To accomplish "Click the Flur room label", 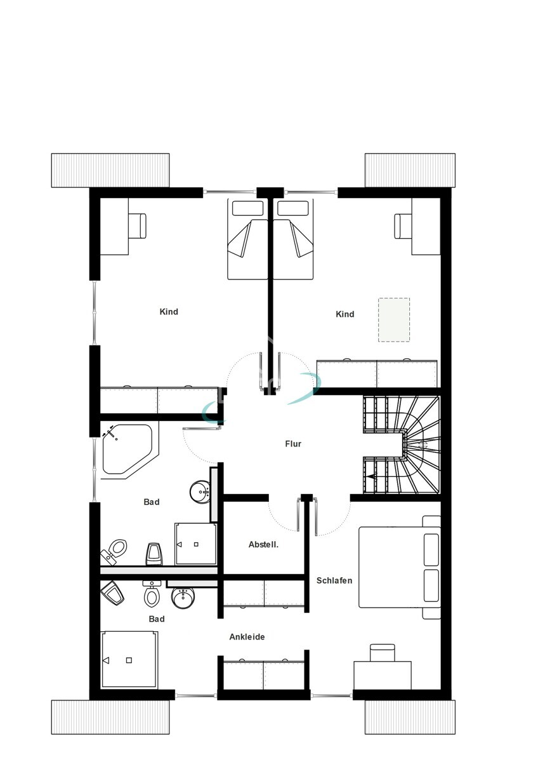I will pyautogui.click(x=292, y=444).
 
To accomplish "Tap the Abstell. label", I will pyautogui.click(x=264, y=545).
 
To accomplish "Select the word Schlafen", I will pyautogui.click(x=334, y=580).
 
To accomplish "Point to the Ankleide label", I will pyautogui.click(x=247, y=637).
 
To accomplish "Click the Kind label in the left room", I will pyautogui.click(x=169, y=312).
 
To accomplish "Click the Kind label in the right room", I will pyautogui.click(x=344, y=314).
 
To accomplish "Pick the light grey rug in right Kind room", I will pyautogui.click(x=393, y=319).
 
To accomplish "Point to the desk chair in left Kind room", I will pyautogui.click(x=138, y=225).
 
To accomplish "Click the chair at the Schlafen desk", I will pyautogui.click(x=382, y=652).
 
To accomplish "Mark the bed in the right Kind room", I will pyautogui.click(x=295, y=240).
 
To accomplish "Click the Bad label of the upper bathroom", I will pyautogui.click(x=152, y=502).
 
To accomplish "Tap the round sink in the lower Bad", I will pyautogui.click(x=183, y=597).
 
